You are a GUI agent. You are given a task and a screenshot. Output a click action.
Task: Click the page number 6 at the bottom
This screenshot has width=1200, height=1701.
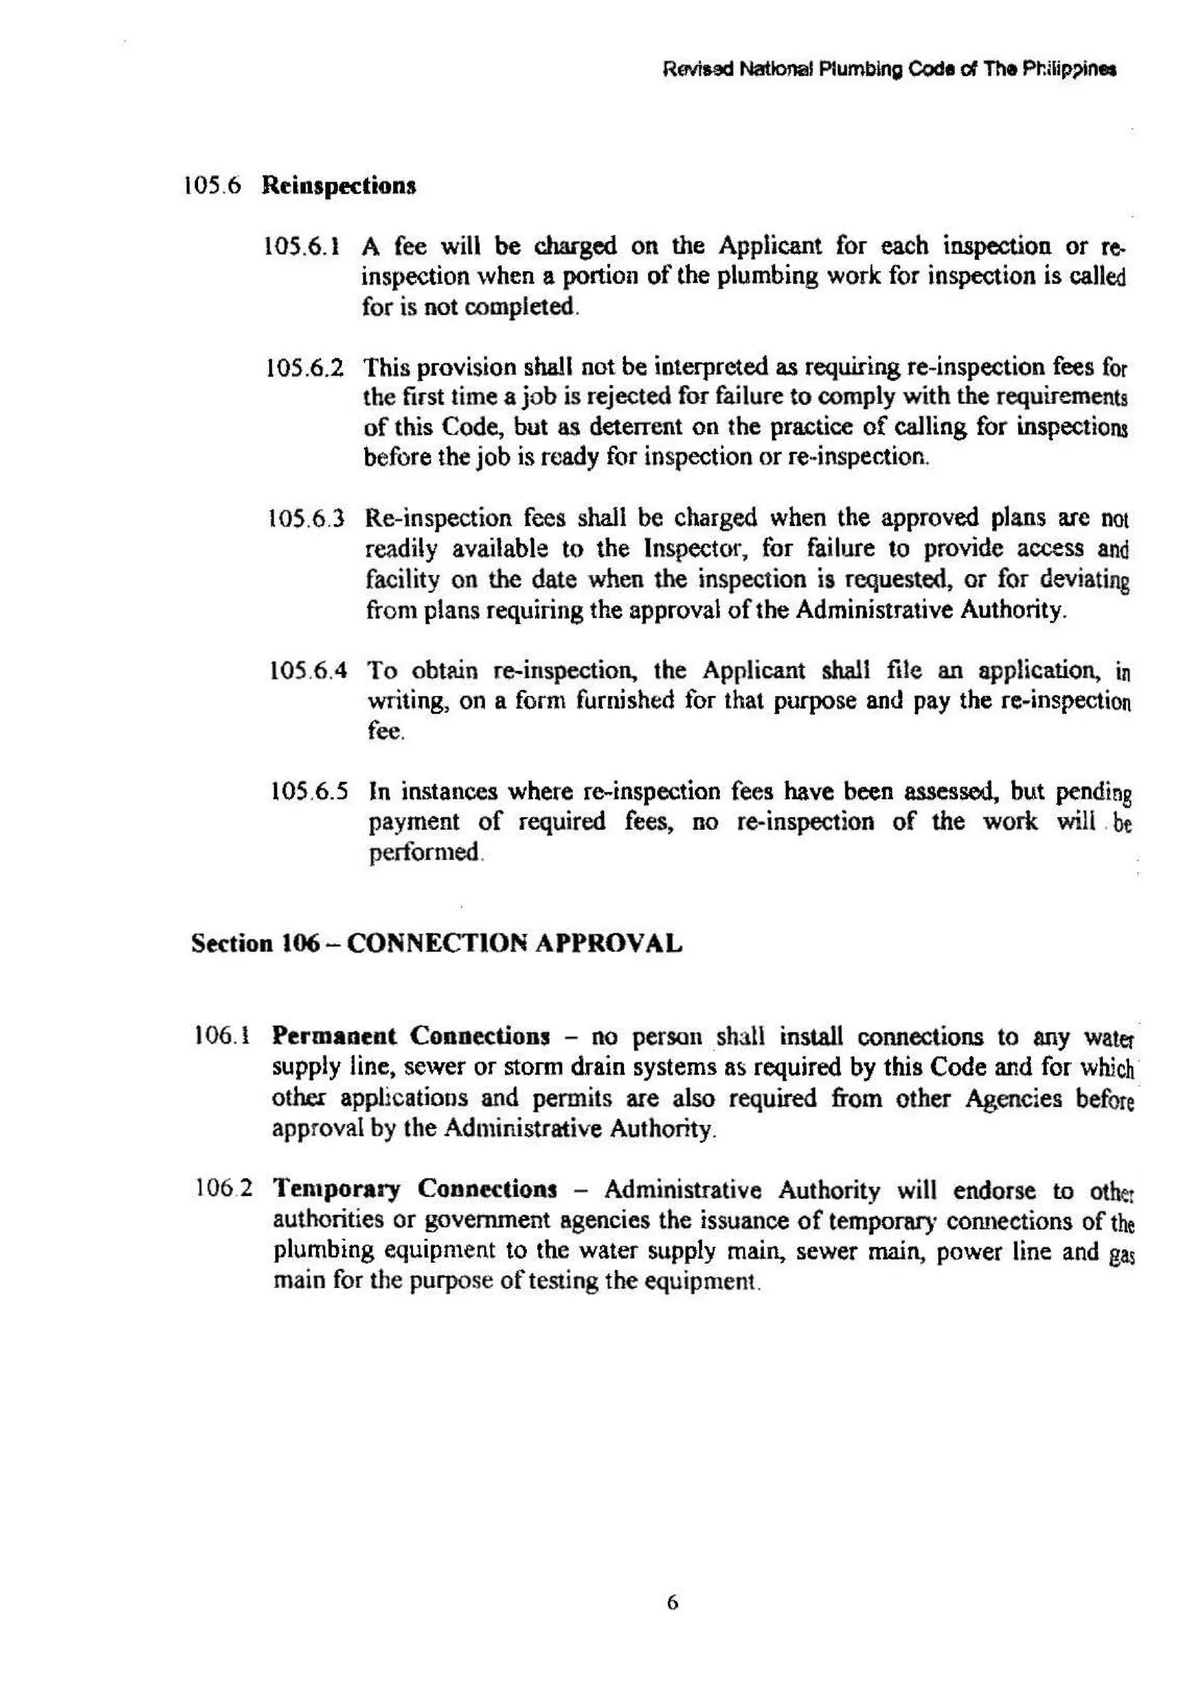click(x=672, y=1603)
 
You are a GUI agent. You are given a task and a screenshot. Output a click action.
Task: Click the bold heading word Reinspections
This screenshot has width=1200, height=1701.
click(x=339, y=185)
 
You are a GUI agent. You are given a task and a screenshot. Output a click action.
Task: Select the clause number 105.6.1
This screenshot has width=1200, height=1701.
click(x=302, y=246)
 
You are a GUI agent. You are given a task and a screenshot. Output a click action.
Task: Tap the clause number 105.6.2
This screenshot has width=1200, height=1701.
click(x=305, y=368)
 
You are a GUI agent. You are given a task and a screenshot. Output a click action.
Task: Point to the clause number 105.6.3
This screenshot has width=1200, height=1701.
click(x=306, y=519)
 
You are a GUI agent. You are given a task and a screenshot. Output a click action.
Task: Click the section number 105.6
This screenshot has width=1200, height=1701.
click(x=212, y=185)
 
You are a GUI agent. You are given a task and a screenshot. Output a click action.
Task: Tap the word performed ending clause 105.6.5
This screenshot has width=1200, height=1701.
click(x=424, y=853)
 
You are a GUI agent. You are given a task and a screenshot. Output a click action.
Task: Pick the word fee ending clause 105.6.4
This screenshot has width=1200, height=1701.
click(x=384, y=732)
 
